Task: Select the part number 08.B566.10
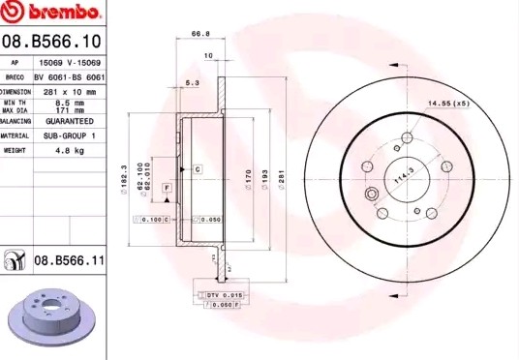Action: pyautogui.click(x=52, y=41)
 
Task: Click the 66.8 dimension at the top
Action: pyautogui.click(x=201, y=33)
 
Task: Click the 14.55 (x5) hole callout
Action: pyautogui.click(x=448, y=103)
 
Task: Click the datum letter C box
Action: pyautogui.click(x=197, y=169)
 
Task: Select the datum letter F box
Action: pyautogui.click(x=167, y=186)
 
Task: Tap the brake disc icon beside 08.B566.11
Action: pyautogui.click(x=15, y=260)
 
